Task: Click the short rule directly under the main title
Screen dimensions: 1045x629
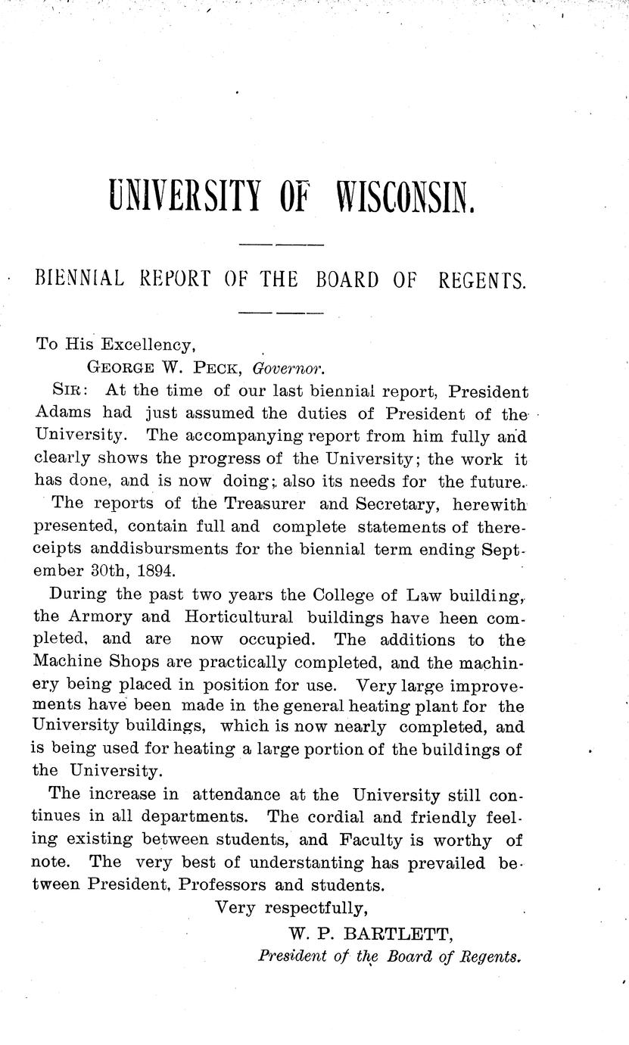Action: [x=281, y=245]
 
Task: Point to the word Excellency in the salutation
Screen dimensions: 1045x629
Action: [x=150, y=345]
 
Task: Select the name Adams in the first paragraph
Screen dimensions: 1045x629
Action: [x=63, y=413]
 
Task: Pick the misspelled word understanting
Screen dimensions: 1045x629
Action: [x=303, y=863]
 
